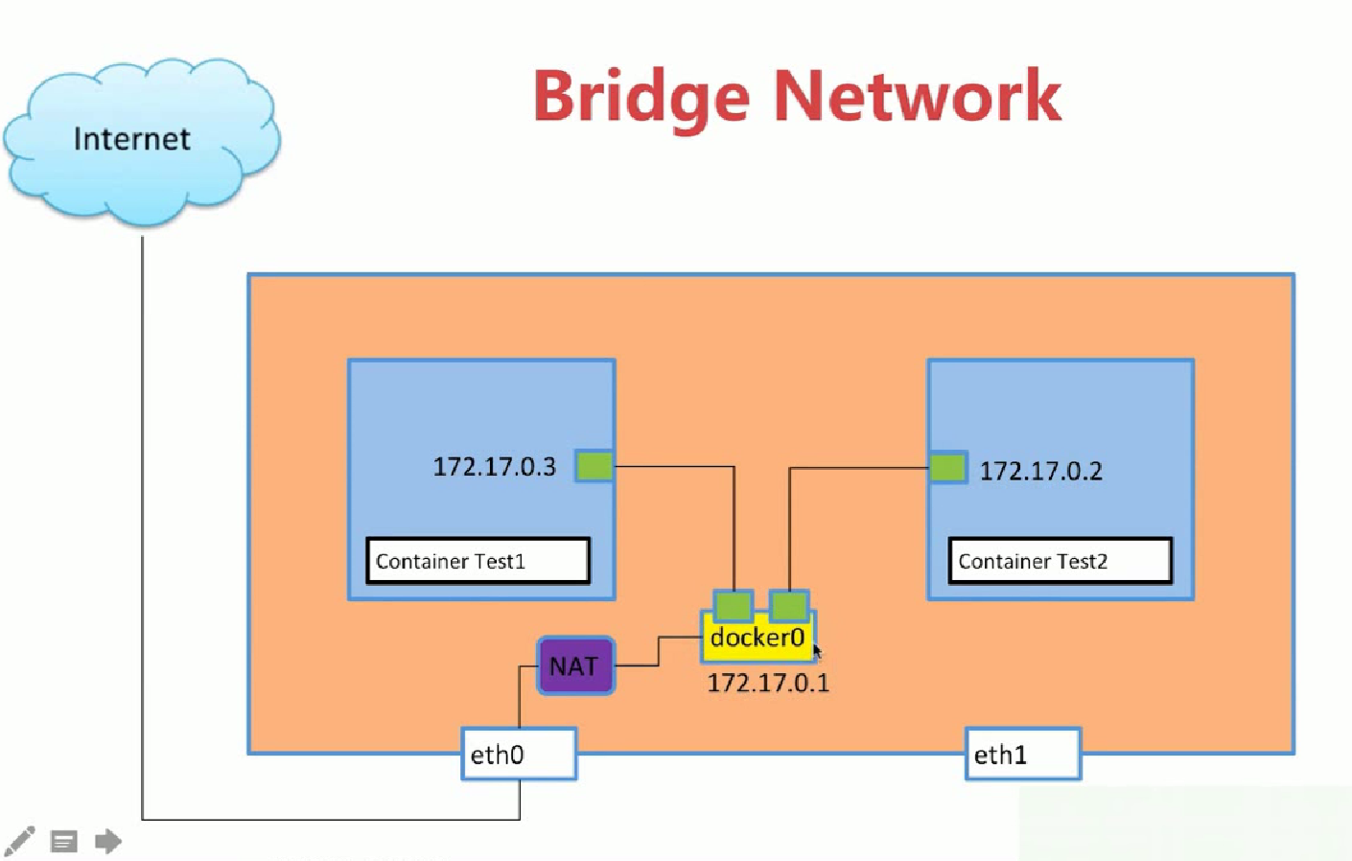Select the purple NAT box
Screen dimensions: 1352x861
(576, 666)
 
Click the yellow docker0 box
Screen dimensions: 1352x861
(758, 638)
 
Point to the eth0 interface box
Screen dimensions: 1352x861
(519, 755)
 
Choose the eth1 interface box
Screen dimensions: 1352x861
(1023, 755)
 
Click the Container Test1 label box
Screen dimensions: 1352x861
(478, 561)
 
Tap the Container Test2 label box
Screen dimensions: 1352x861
(1061, 561)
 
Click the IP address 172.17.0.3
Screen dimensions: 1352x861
(495, 467)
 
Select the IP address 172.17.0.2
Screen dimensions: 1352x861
(1040, 471)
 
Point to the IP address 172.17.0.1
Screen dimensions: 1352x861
(768, 683)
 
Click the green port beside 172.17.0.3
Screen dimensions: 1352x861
(594, 466)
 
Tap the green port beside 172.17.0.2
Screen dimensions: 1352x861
(947, 468)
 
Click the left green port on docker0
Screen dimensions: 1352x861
(734, 606)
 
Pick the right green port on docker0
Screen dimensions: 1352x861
(789, 606)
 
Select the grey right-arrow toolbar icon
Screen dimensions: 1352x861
(108, 841)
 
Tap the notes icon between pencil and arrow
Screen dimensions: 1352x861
(64, 841)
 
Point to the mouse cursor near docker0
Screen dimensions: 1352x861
(817, 652)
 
